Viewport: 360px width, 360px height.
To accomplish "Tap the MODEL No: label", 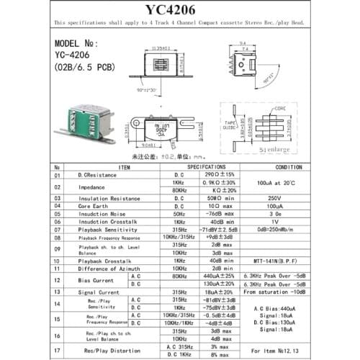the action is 78,43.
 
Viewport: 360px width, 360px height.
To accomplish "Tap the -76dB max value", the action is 220,213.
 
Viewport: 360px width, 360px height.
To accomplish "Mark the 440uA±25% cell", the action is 220,276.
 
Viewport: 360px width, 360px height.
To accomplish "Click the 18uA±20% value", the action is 220,293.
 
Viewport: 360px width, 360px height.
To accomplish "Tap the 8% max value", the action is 220,355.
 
